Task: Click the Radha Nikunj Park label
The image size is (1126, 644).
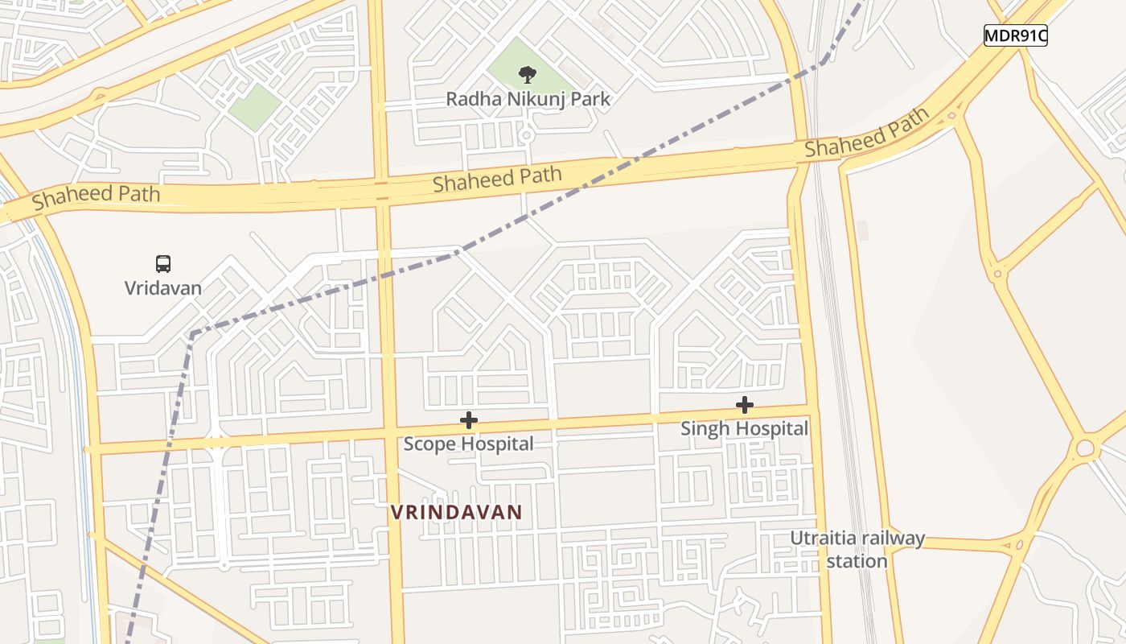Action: point(528,100)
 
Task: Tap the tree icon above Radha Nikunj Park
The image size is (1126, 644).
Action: point(528,75)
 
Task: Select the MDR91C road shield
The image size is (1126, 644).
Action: point(1015,35)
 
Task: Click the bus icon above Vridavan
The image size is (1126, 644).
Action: point(163,263)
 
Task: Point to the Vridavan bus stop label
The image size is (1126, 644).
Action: point(163,287)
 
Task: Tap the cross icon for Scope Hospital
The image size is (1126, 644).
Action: point(468,420)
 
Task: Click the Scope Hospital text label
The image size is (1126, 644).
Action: point(468,444)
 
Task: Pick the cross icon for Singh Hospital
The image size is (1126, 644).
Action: point(745,405)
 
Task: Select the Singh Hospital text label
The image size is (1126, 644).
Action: point(744,428)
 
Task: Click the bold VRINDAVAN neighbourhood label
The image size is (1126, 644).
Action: point(456,512)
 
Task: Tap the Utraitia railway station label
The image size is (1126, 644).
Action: point(857,549)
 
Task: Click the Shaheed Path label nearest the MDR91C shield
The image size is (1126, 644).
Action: point(867,134)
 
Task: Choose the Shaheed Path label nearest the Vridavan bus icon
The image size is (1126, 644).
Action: point(97,196)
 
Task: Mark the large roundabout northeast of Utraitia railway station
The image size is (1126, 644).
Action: point(1085,447)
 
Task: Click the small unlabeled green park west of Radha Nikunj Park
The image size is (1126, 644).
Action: point(255,107)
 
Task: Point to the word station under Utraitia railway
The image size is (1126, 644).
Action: point(857,560)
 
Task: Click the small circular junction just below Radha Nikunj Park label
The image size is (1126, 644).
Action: point(526,136)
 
